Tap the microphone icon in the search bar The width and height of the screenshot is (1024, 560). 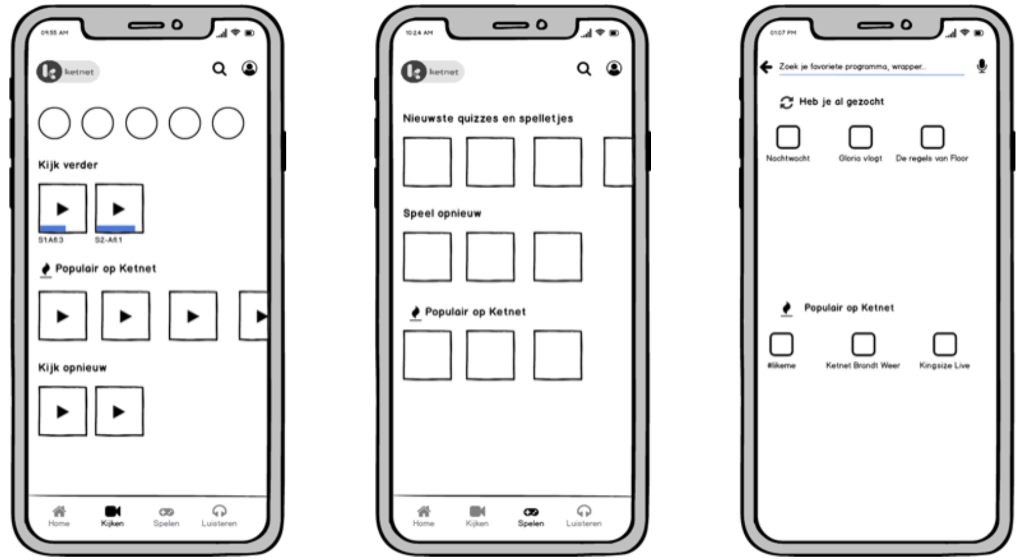click(981, 66)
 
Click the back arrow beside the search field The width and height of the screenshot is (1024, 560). click(766, 67)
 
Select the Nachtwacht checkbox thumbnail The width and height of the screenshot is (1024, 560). click(788, 137)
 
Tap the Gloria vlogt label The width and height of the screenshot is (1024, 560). click(860, 158)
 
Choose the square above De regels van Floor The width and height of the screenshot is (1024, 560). click(932, 137)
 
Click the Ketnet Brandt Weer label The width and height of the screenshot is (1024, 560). click(863, 365)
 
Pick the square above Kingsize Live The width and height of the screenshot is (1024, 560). click(944, 344)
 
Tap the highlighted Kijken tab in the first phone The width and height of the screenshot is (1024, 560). click(112, 516)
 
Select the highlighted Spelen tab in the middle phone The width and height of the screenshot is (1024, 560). click(531, 516)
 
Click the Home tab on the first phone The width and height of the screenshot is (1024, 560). click(59, 516)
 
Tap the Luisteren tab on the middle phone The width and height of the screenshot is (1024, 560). click(583, 516)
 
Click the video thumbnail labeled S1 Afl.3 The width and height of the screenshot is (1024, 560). click(62, 209)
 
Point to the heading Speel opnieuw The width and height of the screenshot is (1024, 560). click(442, 214)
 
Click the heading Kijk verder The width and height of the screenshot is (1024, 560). click(67, 165)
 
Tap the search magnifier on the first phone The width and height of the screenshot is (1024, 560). click(220, 69)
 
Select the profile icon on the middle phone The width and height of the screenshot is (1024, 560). click(614, 69)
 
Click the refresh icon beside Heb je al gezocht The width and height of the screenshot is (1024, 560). click(786, 102)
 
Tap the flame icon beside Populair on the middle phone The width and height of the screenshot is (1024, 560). click(415, 313)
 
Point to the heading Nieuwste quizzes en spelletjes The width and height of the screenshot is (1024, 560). click(488, 118)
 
